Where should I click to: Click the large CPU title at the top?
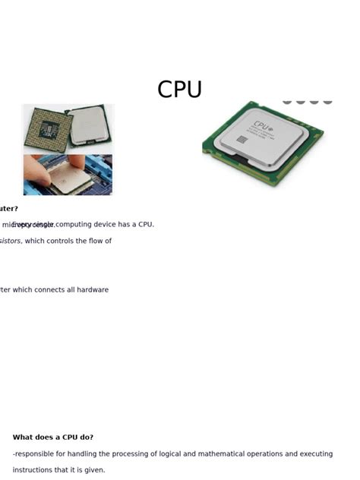click(180, 90)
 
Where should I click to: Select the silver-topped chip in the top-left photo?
click(90, 125)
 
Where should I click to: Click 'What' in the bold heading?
click(22, 437)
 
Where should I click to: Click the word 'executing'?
click(315, 453)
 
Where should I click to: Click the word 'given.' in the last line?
click(93, 470)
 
